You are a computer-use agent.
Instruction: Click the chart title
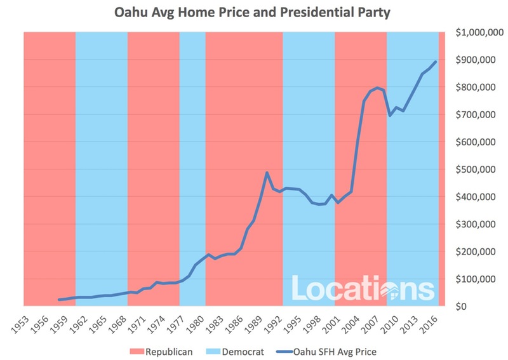click(253, 13)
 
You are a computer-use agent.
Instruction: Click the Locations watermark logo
click(363, 288)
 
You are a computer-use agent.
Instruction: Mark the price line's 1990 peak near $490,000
click(267, 173)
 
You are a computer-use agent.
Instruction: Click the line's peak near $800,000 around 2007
click(377, 88)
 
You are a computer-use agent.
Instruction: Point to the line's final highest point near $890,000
click(435, 62)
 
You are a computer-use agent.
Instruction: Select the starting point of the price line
click(58, 300)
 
